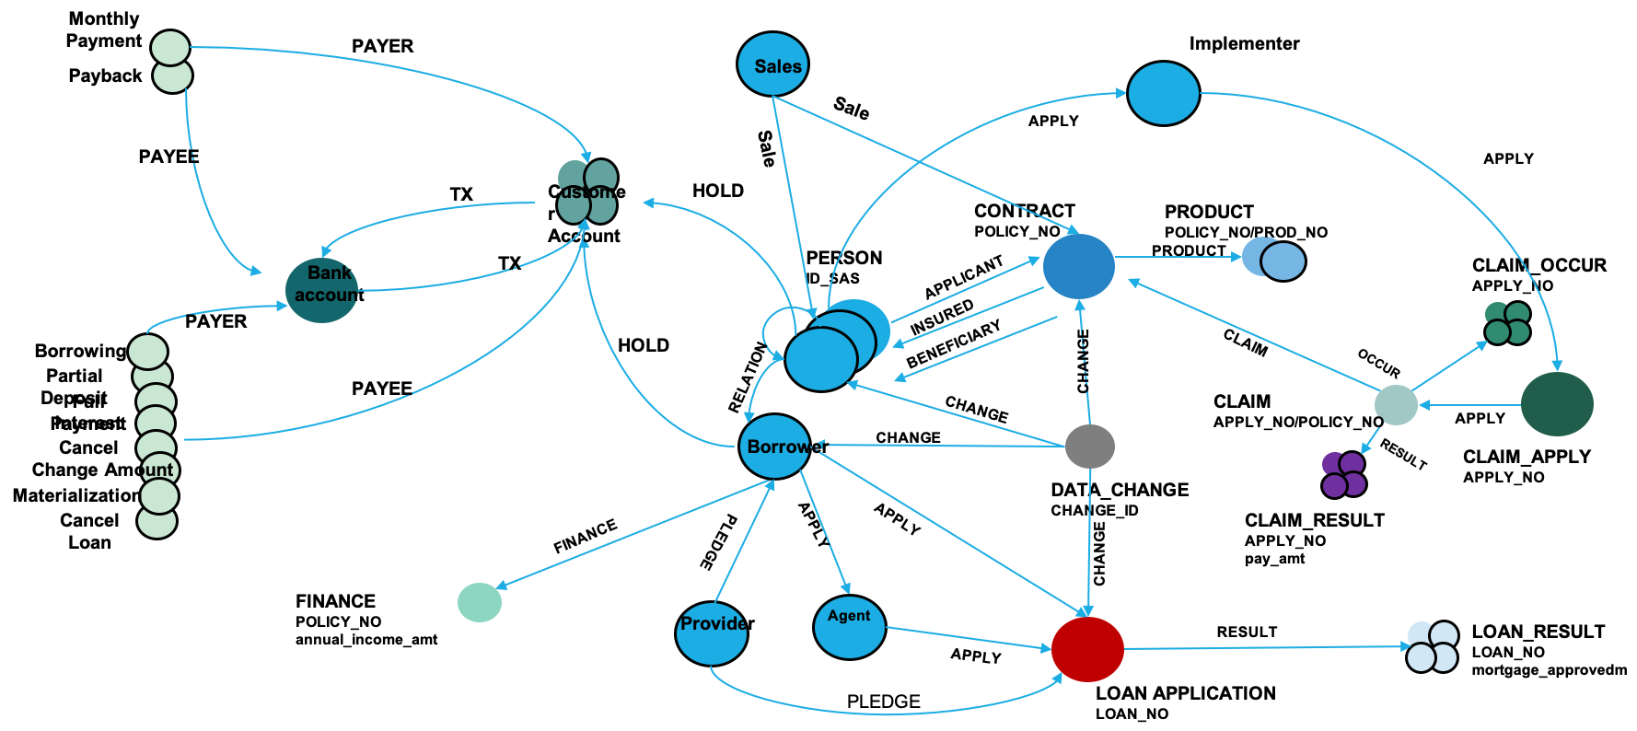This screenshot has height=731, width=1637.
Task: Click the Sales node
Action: pos(772,64)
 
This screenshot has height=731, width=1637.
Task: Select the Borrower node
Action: pos(774,447)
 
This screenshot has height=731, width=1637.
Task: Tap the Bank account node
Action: pos(321,290)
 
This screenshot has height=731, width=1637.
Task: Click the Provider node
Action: pos(711,633)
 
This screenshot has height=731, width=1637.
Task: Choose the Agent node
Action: pos(849,628)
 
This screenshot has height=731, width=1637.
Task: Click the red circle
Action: pos(1087,649)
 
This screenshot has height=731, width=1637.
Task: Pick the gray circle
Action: pos(1090,447)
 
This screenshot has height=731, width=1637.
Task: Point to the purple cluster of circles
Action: pos(1343,474)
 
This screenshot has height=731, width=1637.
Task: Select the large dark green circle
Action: pos(1557,404)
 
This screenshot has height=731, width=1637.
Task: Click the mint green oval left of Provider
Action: pos(480,602)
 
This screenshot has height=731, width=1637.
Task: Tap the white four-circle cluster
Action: pos(1432,646)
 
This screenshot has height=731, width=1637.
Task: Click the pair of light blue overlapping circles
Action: pos(1273,259)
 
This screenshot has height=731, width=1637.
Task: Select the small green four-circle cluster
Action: pos(1507,322)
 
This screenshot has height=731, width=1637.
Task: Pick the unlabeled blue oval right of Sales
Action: pos(1163,93)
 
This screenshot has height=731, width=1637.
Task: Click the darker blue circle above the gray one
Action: pos(1078,266)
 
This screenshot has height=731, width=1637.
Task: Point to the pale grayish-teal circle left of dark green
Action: pos(1396,405)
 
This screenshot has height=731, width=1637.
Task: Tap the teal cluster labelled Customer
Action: pos(586,191)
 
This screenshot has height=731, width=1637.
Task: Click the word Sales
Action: pos(778,66)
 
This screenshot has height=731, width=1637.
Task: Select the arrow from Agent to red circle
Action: pos(967,638)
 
